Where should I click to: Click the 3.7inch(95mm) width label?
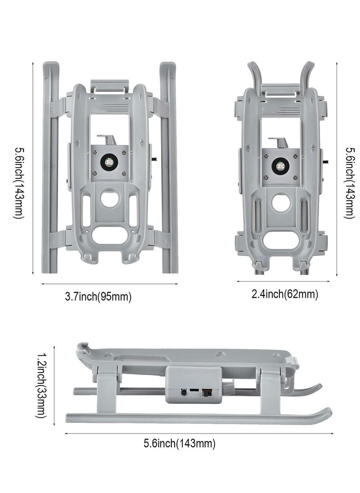tap(98, 296)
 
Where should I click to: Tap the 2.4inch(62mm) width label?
tap(285, 294)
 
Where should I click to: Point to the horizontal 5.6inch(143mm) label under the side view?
tap(180, 444)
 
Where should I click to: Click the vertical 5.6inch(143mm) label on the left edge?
tap(18, 183)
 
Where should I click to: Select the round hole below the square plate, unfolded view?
tap(110, 198)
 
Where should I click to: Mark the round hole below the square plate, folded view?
tap(281, 202)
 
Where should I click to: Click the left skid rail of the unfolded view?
tap(50, 168)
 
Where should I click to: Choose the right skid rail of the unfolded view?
tap(169, 168)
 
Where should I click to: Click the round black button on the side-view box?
tap(183, 392)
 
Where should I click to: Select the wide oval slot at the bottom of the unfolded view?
tap(110, 235)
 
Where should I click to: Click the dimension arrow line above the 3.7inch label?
tap(110, 284)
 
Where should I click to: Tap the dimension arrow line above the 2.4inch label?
tap(283, 282)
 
